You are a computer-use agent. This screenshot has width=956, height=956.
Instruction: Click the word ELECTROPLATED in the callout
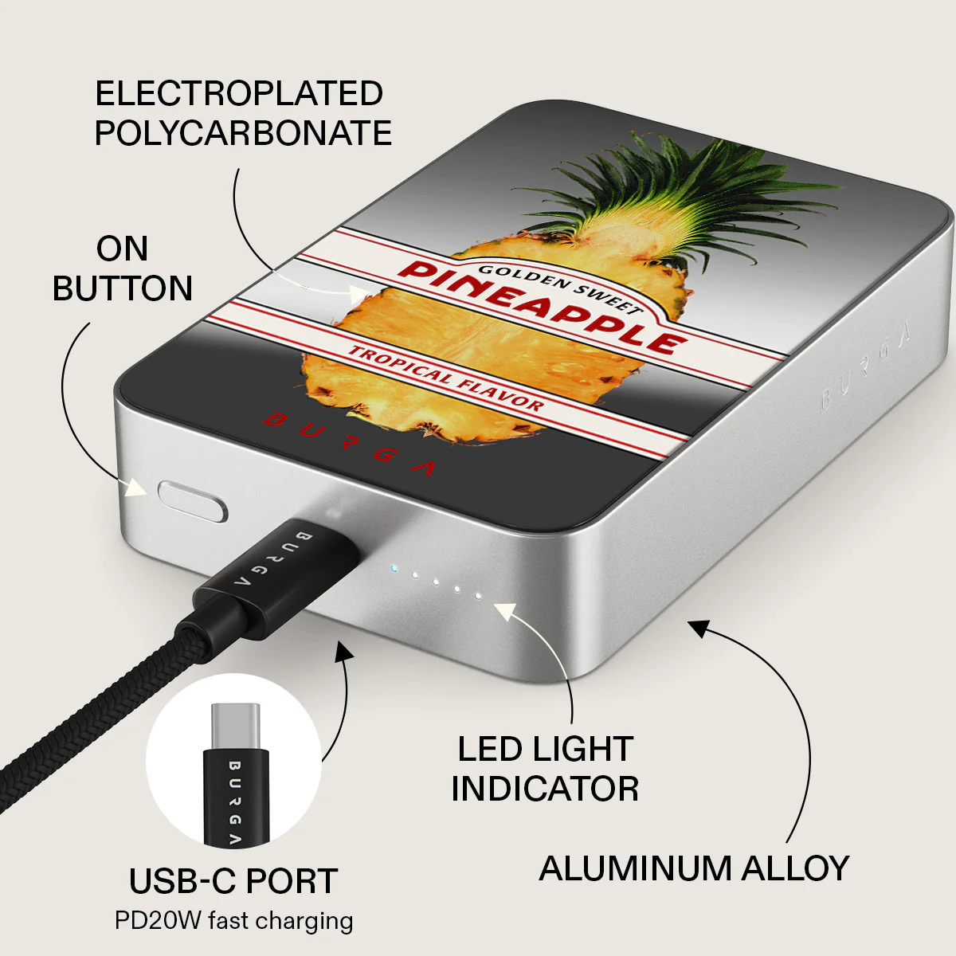coord(239,93)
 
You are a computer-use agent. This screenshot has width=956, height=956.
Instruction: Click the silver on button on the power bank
coord(193,501)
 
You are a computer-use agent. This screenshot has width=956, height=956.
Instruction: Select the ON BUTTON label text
coord(122,268)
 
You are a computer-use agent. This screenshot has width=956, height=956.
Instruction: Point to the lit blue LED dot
coord(394,569)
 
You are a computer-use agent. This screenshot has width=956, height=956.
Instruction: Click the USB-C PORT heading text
coord(233,881)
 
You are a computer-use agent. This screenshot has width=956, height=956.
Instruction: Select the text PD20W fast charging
coord(233,921)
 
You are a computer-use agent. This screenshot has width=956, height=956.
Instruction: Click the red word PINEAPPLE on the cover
coord(543,308)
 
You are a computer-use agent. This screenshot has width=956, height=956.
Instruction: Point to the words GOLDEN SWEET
coord(561,288)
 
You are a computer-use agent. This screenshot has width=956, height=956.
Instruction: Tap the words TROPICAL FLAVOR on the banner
coord(445,378)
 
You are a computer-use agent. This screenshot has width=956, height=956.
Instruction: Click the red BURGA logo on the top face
coord(350,444)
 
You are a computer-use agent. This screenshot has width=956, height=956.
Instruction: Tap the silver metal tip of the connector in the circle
coord(235,727)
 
